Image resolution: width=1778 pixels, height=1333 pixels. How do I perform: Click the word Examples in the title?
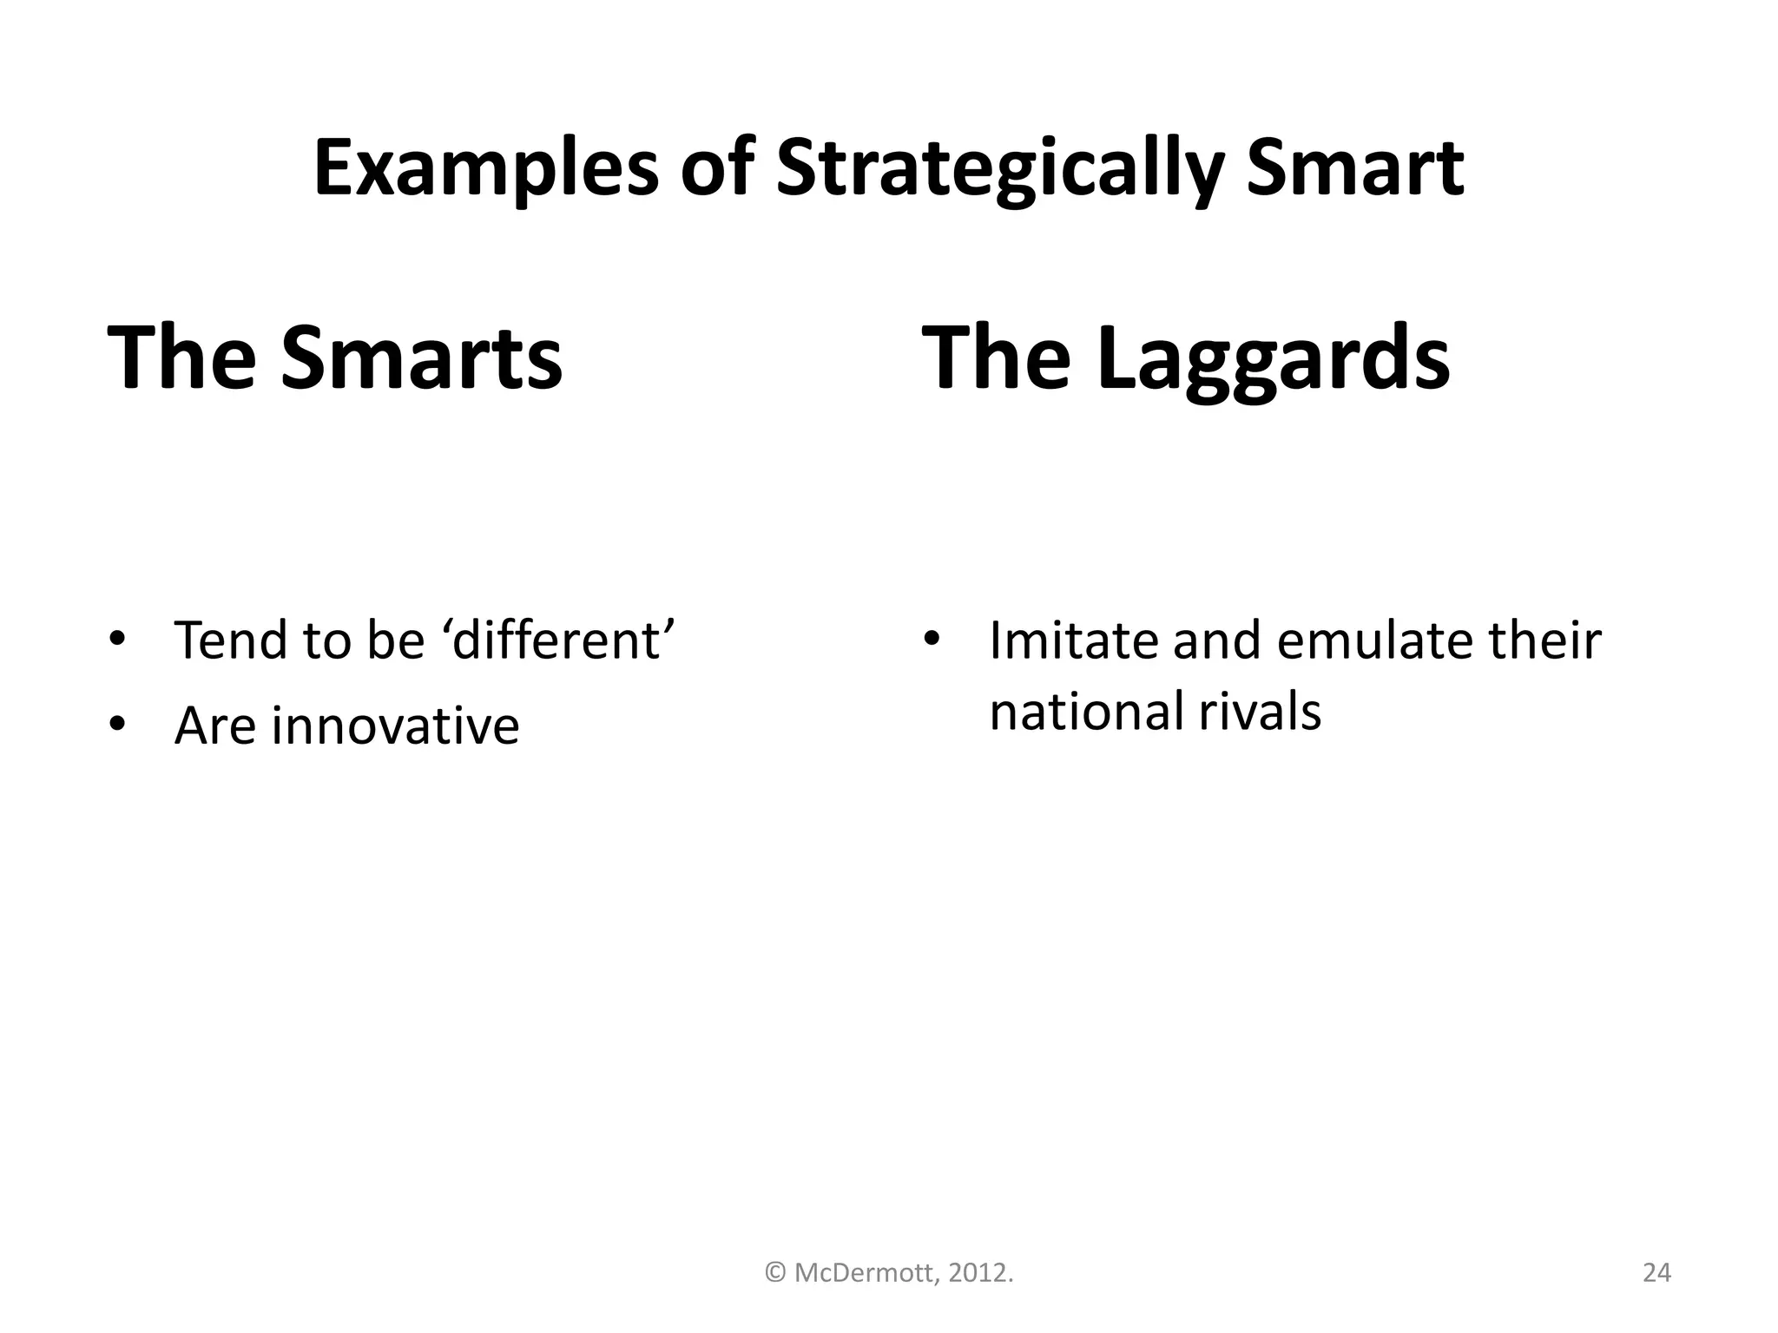click(x=485, y=169)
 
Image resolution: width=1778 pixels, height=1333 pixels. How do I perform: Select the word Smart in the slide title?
click(x=1355, y=169)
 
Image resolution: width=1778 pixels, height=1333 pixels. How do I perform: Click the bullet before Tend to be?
click(x=117, y=640)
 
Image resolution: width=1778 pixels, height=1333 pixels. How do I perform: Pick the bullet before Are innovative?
click(x=117, y=726)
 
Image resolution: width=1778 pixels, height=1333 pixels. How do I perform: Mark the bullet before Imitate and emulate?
click(x=932, y=640)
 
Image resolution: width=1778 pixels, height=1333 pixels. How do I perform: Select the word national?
click(x=1086, y=712)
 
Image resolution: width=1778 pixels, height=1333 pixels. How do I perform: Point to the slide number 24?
click(x=1656, y=1273)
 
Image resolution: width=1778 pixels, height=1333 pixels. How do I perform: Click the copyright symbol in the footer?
click(x=775, y=1273)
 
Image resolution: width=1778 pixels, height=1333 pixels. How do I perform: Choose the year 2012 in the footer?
click(x=978, y=1273)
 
